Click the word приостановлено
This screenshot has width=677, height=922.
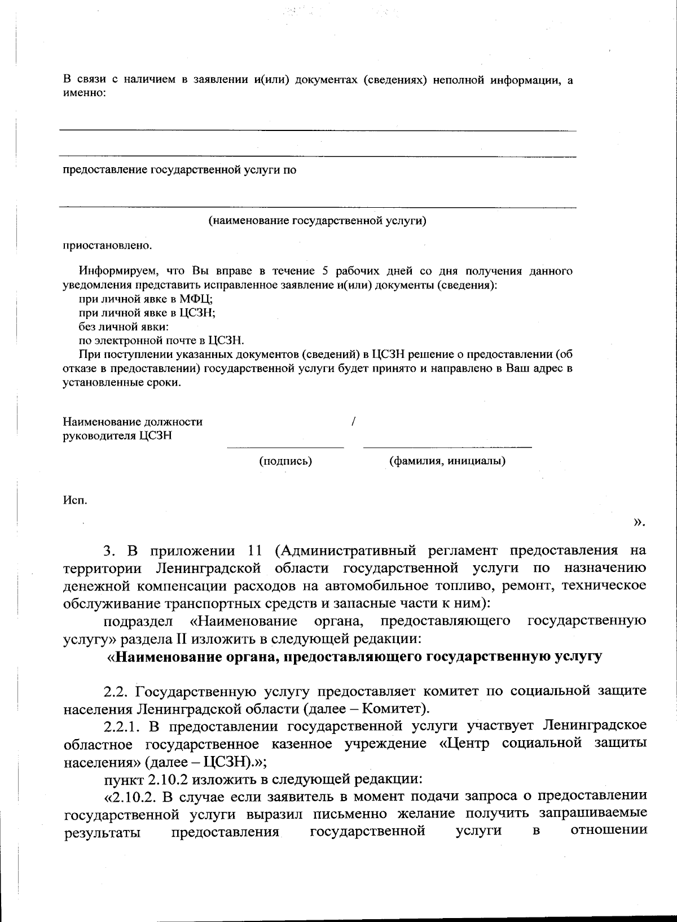coord(107,246)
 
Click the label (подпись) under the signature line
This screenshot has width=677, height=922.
coord(285,461)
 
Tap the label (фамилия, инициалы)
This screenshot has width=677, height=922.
coord(447,461)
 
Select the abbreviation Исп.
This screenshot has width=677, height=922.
coord(74,500)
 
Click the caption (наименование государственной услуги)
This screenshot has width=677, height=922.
coord(318,221)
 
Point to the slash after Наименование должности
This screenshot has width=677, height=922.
coord(353,421)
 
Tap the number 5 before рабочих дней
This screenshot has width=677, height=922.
coord(325,271)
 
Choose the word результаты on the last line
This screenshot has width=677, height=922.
coord(103,832)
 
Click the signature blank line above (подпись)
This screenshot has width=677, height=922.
coord(285,448)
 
